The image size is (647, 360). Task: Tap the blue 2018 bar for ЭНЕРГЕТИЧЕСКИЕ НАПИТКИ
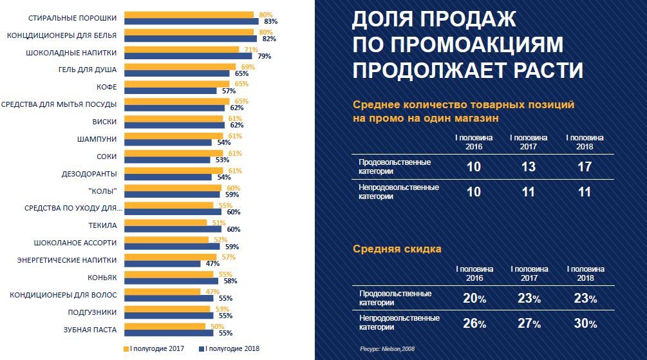[162, 264]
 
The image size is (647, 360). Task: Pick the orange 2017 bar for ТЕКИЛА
[165, 222]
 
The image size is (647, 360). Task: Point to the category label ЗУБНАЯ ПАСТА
[91, 330]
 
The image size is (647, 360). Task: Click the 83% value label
[270, 21]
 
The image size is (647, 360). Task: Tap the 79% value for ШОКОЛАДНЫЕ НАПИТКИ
[264, 56]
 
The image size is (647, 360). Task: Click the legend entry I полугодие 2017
[154, 348]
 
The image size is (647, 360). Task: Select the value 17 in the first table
[585, 166]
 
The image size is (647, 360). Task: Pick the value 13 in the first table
[529, 166]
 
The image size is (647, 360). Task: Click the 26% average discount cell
[474, 323]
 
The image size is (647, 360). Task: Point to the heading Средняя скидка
[397, 249]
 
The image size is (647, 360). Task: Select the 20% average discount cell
[474, 298]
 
